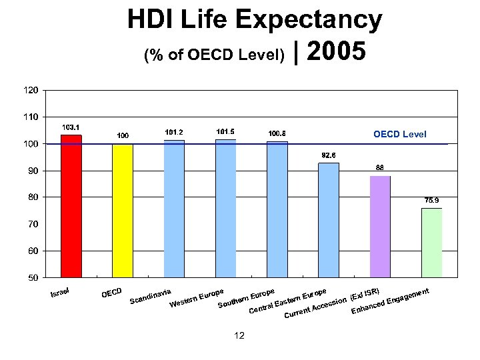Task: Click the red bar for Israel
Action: pyautogui.click(x=71, y=206)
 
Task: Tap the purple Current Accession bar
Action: pyautogui.click(x=380, y=227)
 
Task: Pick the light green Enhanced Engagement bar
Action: pyautogui.click(x=431, y=243)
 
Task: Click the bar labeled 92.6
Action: pyautogui.click(x=329, y=220)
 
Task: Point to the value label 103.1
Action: pyautogui.click(x=71, y=127)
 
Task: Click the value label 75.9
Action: pyautogui.click(x=431, y=199)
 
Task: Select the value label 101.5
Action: pyautogui.click(x=225, y=132)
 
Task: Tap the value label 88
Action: pyautogui.click(x=379, y=167)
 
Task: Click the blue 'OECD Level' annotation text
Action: pyautogui.click(x=399, y=135)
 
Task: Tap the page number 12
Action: pyautogui.click(x=239, y=335)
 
